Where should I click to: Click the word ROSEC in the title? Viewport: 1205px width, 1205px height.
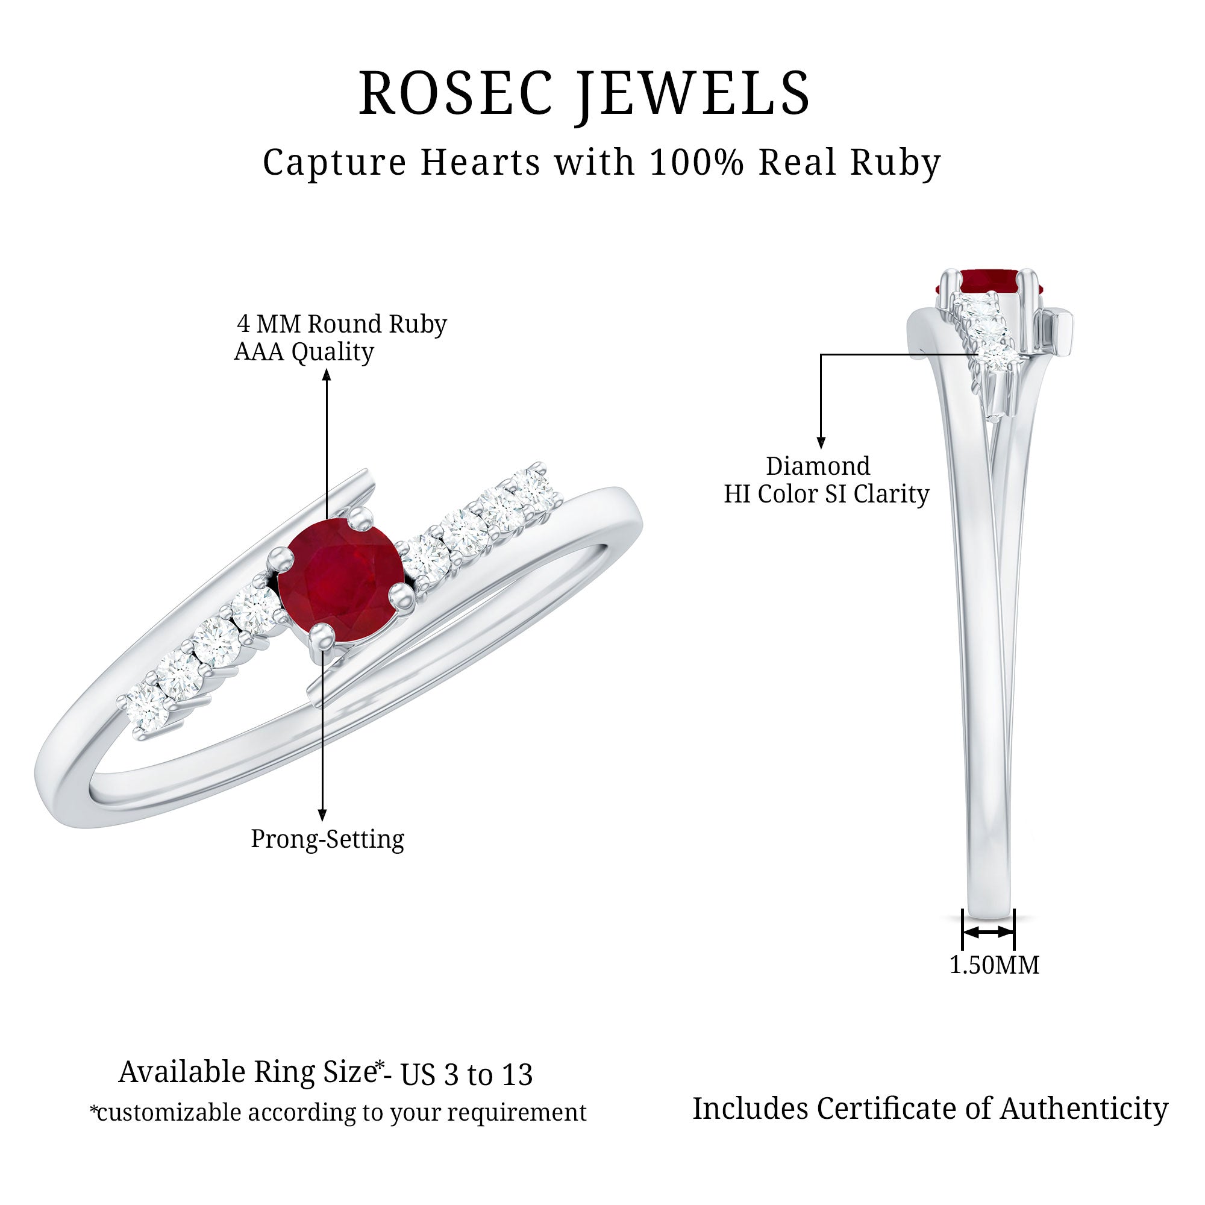pos(456,93)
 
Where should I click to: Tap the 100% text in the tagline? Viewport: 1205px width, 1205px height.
pos(696,163)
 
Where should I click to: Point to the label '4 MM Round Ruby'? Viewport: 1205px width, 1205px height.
pos(342,324)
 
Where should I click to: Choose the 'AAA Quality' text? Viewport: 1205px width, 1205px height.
pos(304,352)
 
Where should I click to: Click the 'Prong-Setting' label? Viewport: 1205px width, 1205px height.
pos(327,839)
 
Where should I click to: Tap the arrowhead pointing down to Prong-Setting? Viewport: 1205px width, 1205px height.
pos(322,815)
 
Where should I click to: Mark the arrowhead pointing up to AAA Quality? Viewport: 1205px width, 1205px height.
pos(326,374)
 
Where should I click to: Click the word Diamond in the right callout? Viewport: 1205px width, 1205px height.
pos(818,466)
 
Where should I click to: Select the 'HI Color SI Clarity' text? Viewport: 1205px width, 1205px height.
pos(826,494)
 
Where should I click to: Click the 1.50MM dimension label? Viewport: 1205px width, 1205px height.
pos(994,965)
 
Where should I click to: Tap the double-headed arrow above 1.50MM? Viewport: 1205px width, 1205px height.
pos(989,932)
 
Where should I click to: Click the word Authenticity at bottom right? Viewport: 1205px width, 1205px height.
pos(1084,1109)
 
